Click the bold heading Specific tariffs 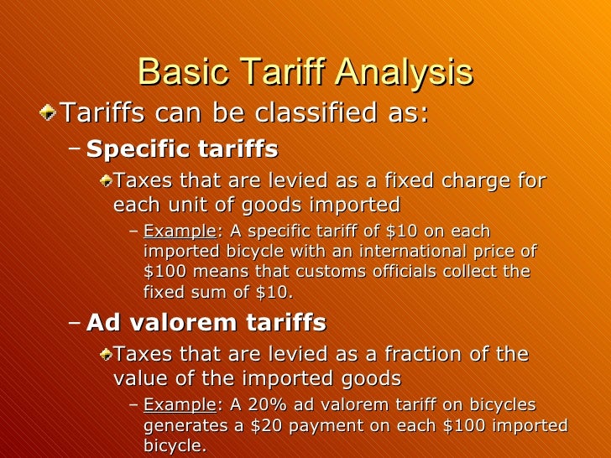click(x=182, y=150)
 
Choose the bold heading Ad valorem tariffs click(x=206, y=323)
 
